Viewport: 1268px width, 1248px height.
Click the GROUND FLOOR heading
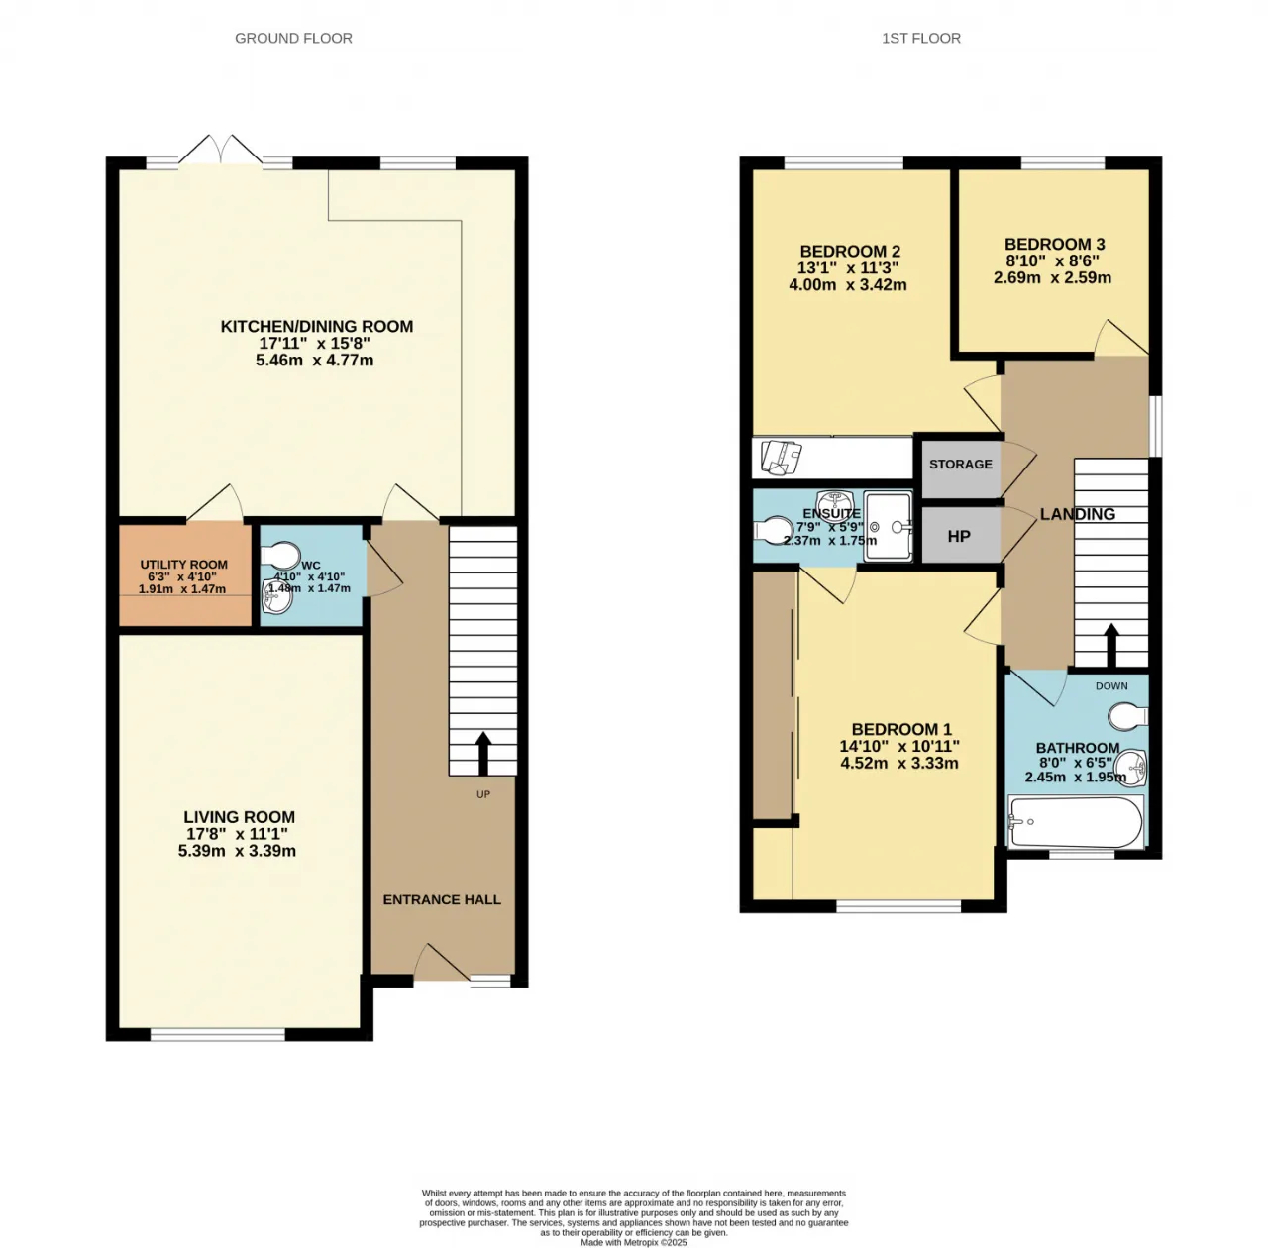293,39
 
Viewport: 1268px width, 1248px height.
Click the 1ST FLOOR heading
921,39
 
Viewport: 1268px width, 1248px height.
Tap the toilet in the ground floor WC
281,555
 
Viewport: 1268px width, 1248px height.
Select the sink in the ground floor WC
278,595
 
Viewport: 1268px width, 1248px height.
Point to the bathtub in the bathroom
1075,822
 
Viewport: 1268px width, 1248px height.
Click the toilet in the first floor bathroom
1128,716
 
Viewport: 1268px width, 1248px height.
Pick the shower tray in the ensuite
889,527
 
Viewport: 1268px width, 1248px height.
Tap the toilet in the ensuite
773,530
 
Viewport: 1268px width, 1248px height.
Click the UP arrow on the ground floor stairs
483,753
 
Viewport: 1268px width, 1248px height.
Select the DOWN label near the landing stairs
1111,685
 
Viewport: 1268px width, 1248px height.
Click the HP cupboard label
959,537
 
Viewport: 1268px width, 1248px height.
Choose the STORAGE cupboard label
961,465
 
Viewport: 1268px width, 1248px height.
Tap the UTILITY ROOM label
183,565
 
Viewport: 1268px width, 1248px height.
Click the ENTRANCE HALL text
442,899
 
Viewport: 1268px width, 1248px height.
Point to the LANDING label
1077,514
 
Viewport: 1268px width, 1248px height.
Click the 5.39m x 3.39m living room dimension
237,851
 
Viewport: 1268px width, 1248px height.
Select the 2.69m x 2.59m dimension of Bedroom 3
1052,277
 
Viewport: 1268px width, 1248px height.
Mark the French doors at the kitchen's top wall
221,151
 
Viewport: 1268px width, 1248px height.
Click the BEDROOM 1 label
901,729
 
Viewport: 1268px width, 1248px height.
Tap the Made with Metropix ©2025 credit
634,1242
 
